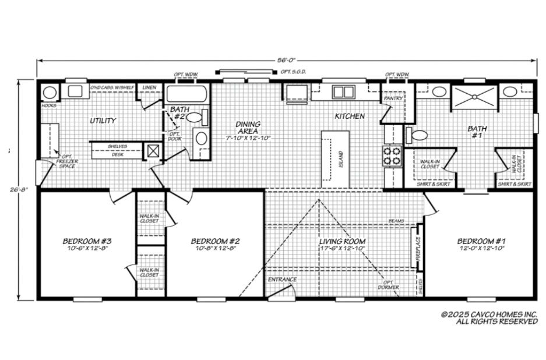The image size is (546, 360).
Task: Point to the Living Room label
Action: [342, 241]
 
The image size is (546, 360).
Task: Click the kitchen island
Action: [336, 156]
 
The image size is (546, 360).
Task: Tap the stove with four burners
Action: [392, 156]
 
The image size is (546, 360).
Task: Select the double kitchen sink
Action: [343, 91]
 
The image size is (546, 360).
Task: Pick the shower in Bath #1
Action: [475, 96]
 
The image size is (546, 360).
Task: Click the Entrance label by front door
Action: [282, 280]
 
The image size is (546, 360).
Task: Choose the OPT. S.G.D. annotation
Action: [293, 72]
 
